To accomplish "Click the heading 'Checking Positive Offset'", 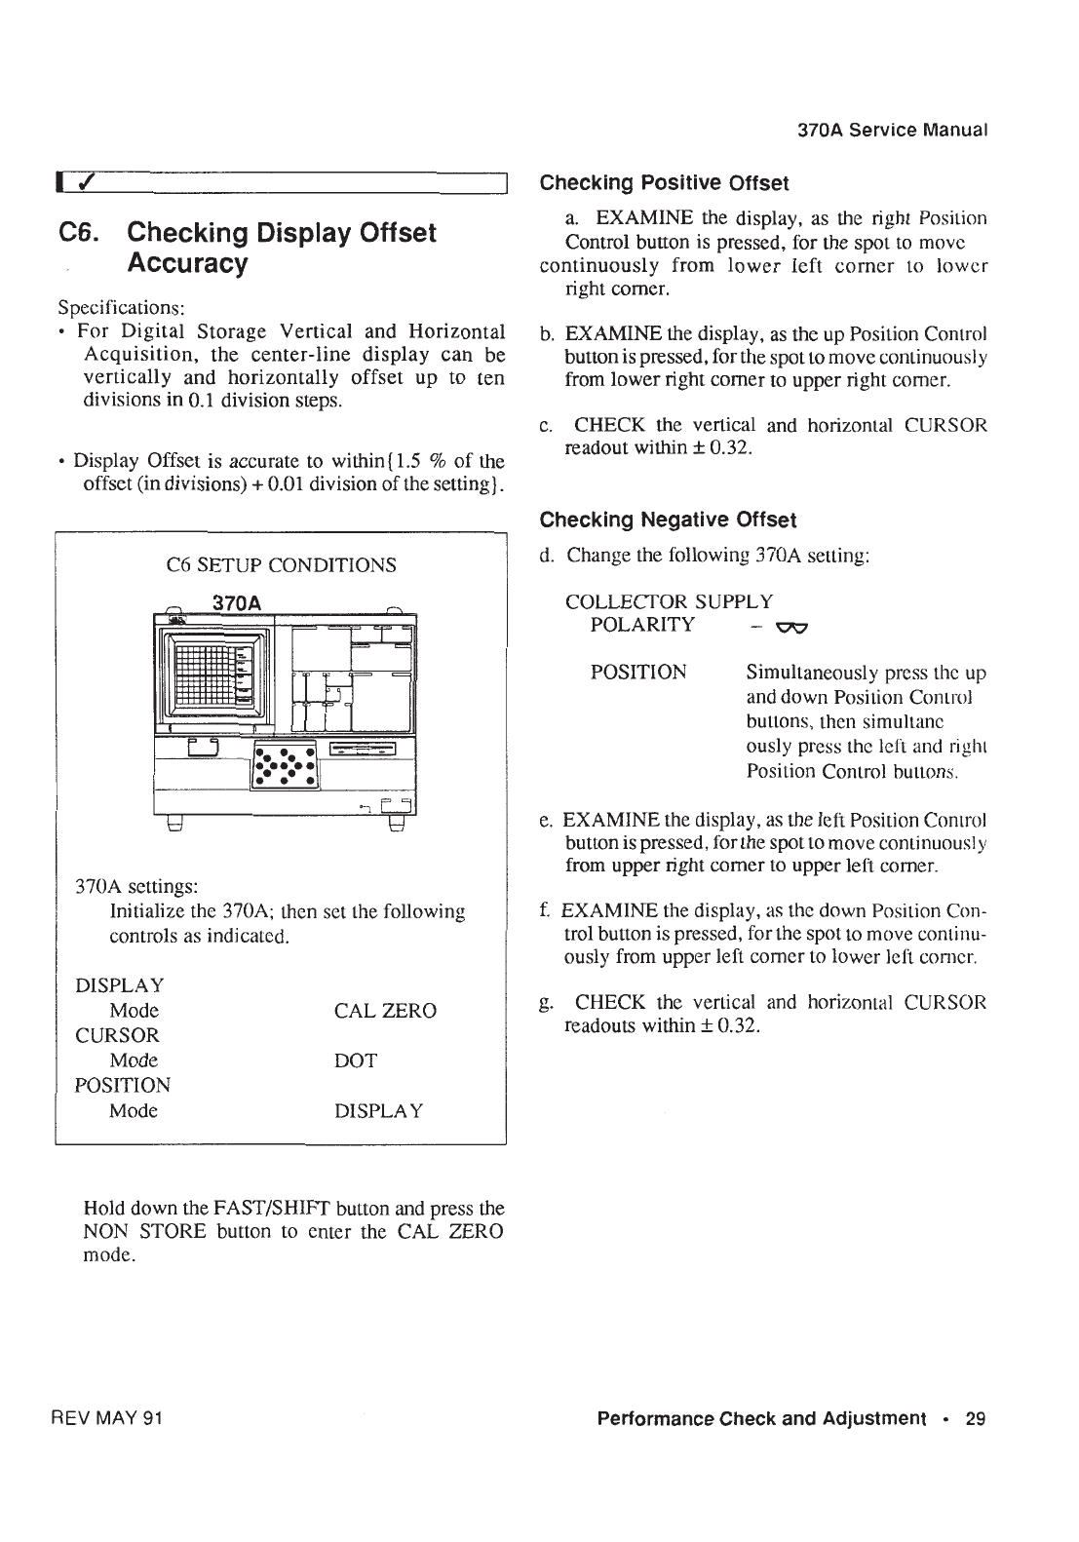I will [x=664, y=183].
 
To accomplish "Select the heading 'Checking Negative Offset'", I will [x=668, y=519].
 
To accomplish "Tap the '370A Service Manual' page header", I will [x=893, y=130].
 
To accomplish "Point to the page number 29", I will [x=976, y=1418].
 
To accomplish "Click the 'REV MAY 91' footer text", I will [x=107, y=1418].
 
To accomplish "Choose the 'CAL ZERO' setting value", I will [x=385, y=1011].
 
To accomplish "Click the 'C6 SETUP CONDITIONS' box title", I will [x=282, y=565].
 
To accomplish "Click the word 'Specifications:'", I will [x=115, y=307].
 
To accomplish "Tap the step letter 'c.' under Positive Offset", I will [x=547, y=426].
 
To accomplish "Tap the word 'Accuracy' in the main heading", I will [x=188, y=264].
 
